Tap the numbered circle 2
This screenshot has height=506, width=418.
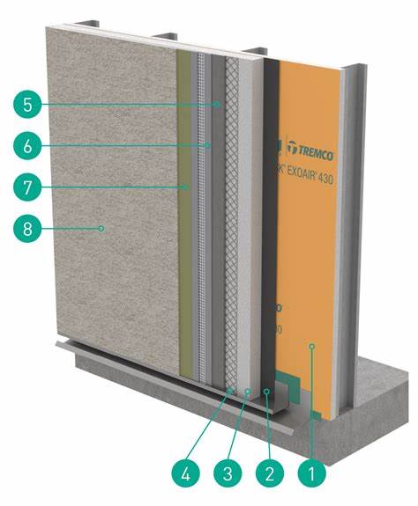tap(267, 473)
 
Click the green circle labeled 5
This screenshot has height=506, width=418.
tap(28, 104)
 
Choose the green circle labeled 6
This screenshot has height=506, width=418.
tap(28, 145)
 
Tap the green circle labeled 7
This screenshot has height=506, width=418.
tap(28, 187)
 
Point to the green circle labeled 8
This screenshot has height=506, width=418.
tap(28, 228)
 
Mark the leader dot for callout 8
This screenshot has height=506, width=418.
tap(103, 228)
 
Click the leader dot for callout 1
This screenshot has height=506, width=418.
tap(312, 349)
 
